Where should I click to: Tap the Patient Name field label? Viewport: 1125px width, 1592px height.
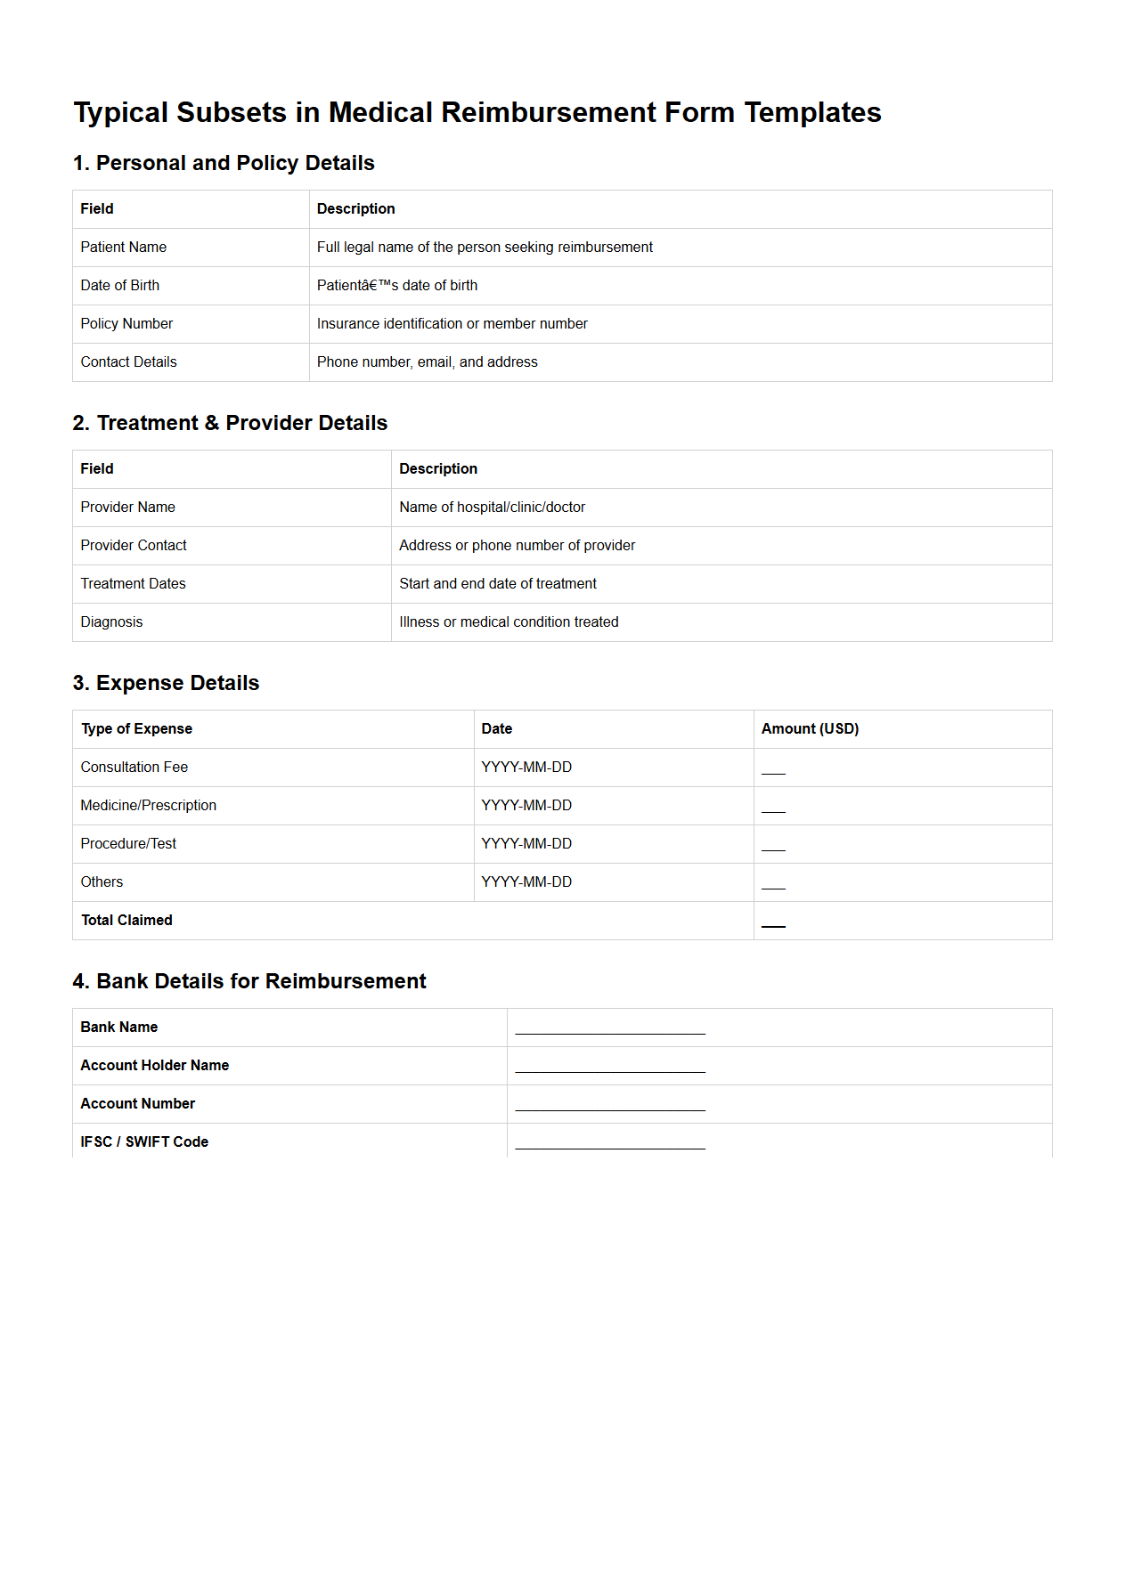click(x=123, y=248)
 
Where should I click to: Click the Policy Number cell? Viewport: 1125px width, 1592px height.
click(x=126, y=324)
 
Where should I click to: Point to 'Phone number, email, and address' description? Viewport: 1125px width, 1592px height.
click(x=427, y=362)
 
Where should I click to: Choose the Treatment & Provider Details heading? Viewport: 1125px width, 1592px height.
click(x=230, y=423)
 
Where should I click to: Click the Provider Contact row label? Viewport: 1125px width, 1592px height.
click(x=134, y=546)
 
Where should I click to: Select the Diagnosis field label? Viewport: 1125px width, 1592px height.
click(x=111, y=622)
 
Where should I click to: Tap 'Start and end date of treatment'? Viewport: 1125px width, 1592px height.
click(x=497, y=584)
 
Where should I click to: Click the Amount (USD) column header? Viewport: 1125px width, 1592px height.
click(x=810, y=729)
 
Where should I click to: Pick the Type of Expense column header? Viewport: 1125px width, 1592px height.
click(x=136, y=729)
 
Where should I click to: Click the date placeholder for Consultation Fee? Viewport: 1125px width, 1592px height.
click(x=526, y=768)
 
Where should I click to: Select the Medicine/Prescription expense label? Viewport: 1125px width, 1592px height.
click(x=148, y=806)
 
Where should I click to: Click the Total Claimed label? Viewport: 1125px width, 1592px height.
click(x=126, y=921)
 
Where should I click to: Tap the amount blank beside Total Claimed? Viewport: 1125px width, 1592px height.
click(x=773, y=925)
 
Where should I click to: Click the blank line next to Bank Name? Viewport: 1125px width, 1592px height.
click(x=609, y=1031)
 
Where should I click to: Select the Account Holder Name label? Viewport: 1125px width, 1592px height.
click(x=154, y=1066)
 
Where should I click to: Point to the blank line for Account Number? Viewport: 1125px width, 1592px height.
click(x=609, y=1108)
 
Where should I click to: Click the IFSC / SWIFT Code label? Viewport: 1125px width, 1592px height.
click(x=144, y=1142)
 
